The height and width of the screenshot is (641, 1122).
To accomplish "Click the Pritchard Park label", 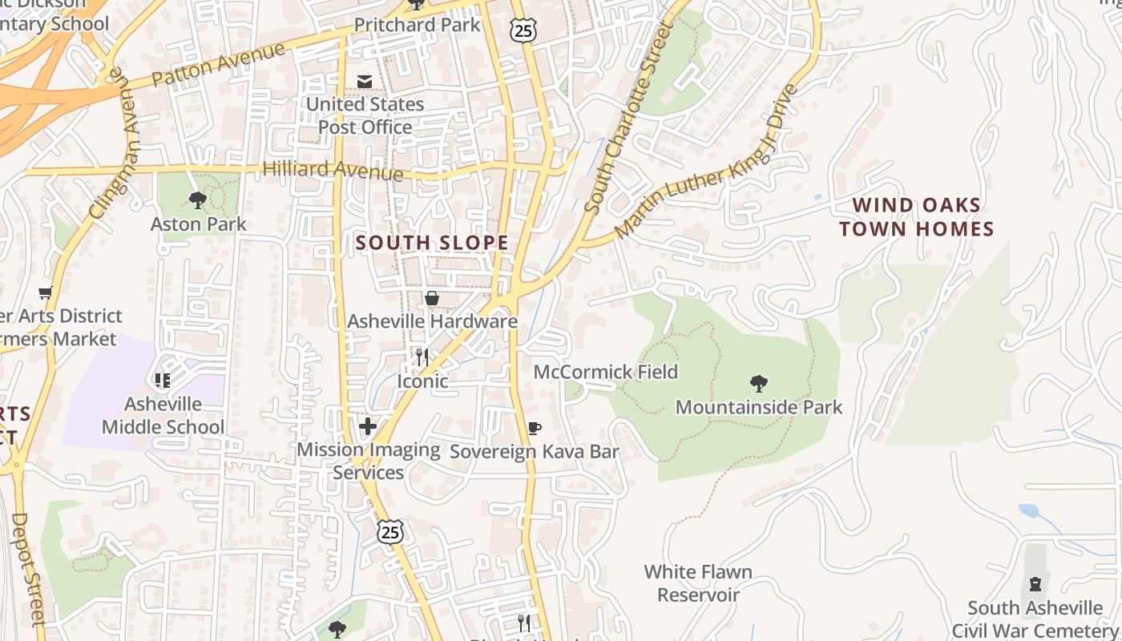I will [417, 25].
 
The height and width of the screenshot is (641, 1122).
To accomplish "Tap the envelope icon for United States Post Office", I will [365, 82].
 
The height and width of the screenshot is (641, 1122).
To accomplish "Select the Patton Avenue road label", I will [218, 67].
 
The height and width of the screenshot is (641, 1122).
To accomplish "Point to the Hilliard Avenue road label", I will [333, 170].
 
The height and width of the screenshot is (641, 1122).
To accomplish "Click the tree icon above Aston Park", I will [198, 200].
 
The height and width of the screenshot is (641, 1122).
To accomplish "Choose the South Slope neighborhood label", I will [432, 243].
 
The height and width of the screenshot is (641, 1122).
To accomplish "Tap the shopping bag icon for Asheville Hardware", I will [432, 299].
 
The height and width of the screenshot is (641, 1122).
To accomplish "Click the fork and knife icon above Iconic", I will [422, 357].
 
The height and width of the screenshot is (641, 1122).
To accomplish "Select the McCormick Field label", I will [606, 372].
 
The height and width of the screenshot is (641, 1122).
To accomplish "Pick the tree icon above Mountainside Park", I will [758, 384].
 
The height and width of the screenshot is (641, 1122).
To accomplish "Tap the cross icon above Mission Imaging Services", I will [368, 426].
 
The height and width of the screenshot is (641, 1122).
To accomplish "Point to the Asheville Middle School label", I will [163, 415].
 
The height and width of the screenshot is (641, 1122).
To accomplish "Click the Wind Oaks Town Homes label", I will [916, 217].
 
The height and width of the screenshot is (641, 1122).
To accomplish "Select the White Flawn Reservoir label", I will [699, 583].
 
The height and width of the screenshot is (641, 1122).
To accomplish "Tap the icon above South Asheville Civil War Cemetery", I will [1035, 583].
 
